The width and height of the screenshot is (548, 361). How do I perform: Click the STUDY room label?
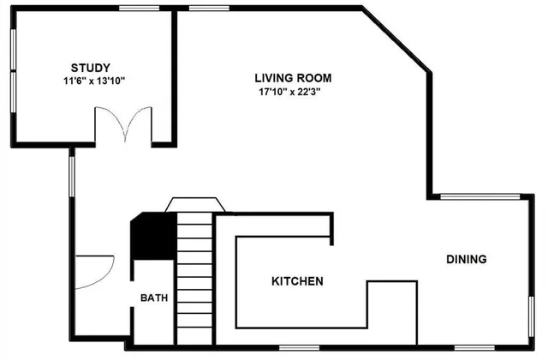(x=89, y=67)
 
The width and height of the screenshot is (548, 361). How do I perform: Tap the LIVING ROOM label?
(x=293, y=77)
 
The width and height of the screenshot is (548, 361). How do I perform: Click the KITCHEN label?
(x=297, y=281)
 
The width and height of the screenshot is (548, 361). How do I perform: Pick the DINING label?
(x=466, y=259)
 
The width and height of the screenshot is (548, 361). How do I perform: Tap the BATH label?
(x=154, y=298)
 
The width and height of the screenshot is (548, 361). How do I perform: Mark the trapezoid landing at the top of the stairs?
(x=194, y=203)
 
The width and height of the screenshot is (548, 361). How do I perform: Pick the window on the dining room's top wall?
(x=479, y=196)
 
